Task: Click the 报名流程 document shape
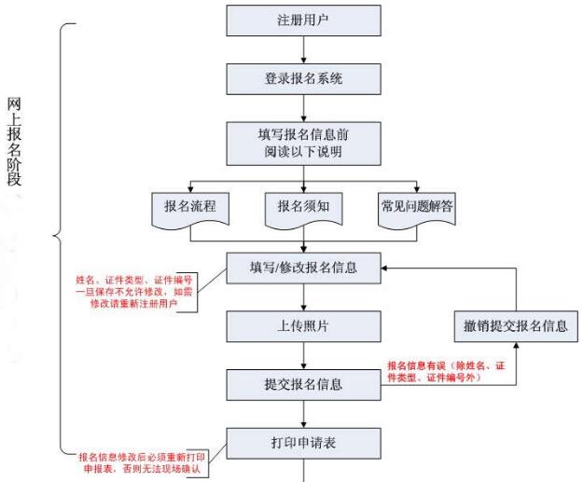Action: point(189,206)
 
